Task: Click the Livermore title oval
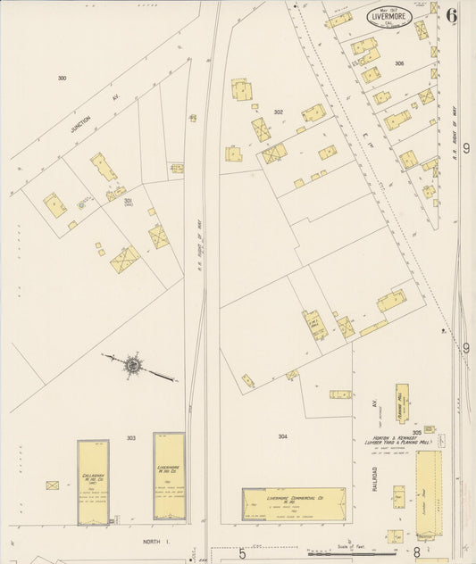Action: pyautogui.click(x=388, y=17)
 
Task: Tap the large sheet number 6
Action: pyautogui.click(x=453, y=15)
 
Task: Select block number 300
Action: pyautogui.click(x=62, y=79)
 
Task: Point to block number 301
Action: pyautogui.click(x=128, y=203)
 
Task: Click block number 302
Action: pyautogui.click(x=278, y=112)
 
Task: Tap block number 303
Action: pyautogui.click(x=130, y=438)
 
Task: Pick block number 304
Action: pyautogui.click(x=282, y=436)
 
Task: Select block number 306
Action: pyautogui.click(x=398, y=63)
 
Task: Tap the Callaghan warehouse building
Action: pyautogui.click(x=93, y=481)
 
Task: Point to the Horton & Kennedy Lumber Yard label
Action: pyautogui.click(x=397, y=440)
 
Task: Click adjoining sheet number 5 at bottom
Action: pyautogui.click(x=241, y=553)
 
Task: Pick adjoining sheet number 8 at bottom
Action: pyautogui.click(x=416, y=553)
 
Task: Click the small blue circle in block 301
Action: pyautogui.click(x=82, y=204)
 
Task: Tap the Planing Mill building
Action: pyautogui.click(x=402, y=403)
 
